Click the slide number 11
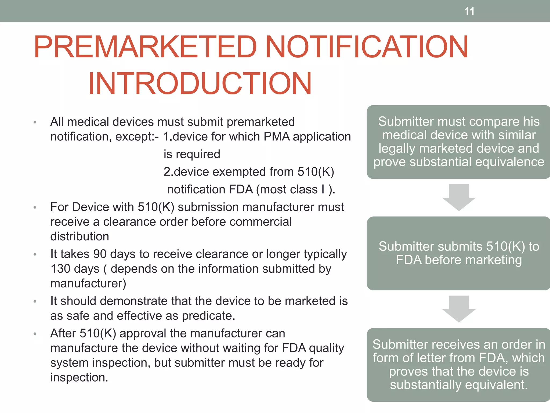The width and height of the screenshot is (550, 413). click(x=469, y=12)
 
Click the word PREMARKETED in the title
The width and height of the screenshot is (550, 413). click(x=145, y=47)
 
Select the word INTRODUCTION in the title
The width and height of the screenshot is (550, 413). click(x=200, y=84)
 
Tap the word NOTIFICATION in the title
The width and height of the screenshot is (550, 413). click(x=367, y=47)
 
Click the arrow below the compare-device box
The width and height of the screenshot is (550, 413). click(x=459, y=197)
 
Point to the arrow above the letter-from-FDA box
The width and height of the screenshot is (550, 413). click(x=459, y=308)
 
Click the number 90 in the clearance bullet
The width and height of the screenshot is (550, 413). click(x=100, y=254)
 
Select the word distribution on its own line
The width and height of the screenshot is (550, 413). click(x=79, y=237)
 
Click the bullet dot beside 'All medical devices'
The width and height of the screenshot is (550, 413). click(x=35, y=123)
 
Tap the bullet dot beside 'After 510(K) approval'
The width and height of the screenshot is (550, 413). click(x=35, y=334)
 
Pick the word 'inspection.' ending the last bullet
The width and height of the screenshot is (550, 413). click(x=79, y=378)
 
